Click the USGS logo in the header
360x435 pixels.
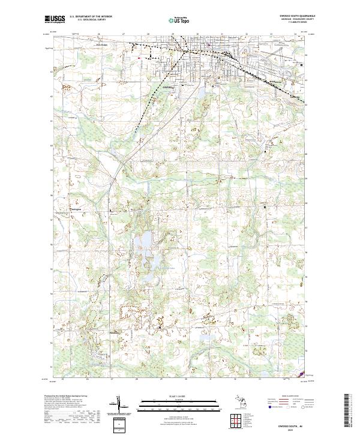click(x=55, y=19)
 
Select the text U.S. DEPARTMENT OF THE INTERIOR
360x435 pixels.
click(x=91, y=17)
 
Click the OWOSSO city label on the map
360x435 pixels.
click(x=168, y=87)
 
